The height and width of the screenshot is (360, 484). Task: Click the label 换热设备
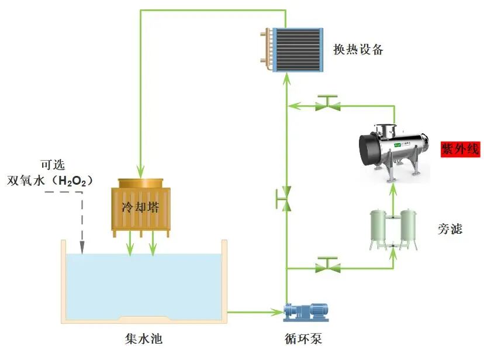pos(358,50)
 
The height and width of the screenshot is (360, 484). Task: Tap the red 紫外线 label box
pos(460,148)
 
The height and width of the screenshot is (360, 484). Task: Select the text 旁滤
pos(450,229)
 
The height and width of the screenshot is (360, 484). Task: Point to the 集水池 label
pos(144,338)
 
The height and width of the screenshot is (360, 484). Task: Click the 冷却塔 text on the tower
pos(140,207)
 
